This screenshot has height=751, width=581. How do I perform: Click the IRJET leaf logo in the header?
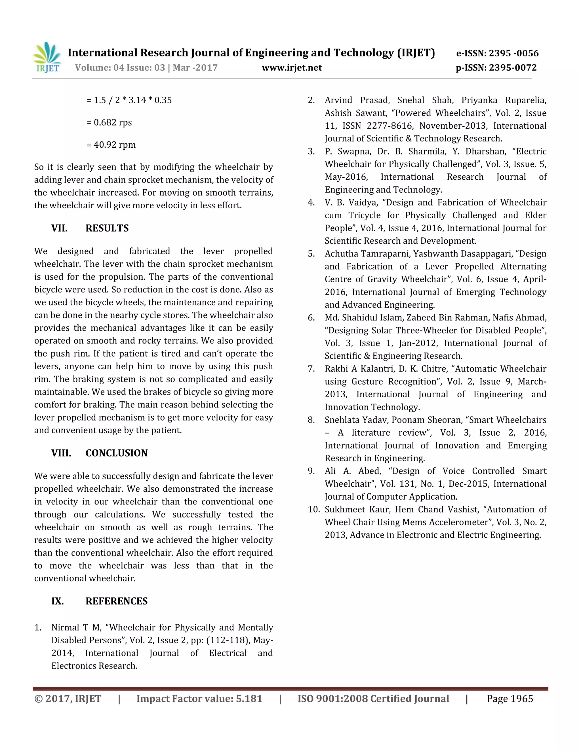[x=47, y=57]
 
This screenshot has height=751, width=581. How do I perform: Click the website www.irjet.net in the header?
[x=292, y=68]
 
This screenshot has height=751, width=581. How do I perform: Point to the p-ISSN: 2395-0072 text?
[x=496, y=68]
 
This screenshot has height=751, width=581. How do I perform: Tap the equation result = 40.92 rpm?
[x=111, y=145]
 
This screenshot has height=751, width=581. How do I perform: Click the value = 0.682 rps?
[x=109, y=122]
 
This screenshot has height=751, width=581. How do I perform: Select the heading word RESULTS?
[x=107, y=228]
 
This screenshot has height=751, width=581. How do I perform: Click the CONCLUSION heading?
[x=116, y=453]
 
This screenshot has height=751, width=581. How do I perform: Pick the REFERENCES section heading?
[x=116, y=601]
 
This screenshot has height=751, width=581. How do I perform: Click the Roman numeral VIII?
[x=61, y=453]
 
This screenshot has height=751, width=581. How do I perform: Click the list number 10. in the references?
[x=313, y=509]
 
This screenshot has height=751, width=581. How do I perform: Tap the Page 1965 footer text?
[x=510, y=699]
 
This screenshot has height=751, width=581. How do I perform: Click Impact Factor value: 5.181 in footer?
[x=199, y=699]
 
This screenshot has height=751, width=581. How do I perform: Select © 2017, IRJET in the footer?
[x=68, y=699]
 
